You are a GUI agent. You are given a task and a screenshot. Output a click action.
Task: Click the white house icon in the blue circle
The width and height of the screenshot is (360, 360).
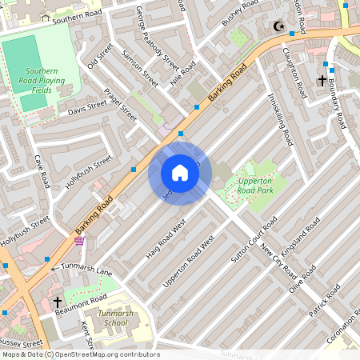click(x=180, y=173)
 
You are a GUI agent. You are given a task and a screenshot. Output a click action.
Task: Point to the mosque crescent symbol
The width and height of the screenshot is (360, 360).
click(x=279, y=27)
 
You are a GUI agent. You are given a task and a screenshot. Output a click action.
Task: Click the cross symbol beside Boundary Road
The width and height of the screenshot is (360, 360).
click(x=322, y=81)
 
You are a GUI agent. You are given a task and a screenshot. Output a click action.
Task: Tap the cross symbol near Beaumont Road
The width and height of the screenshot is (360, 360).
click(x=57, y=302)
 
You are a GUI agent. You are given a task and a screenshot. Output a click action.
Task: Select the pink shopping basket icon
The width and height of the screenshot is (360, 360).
click(x=79, y=240)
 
